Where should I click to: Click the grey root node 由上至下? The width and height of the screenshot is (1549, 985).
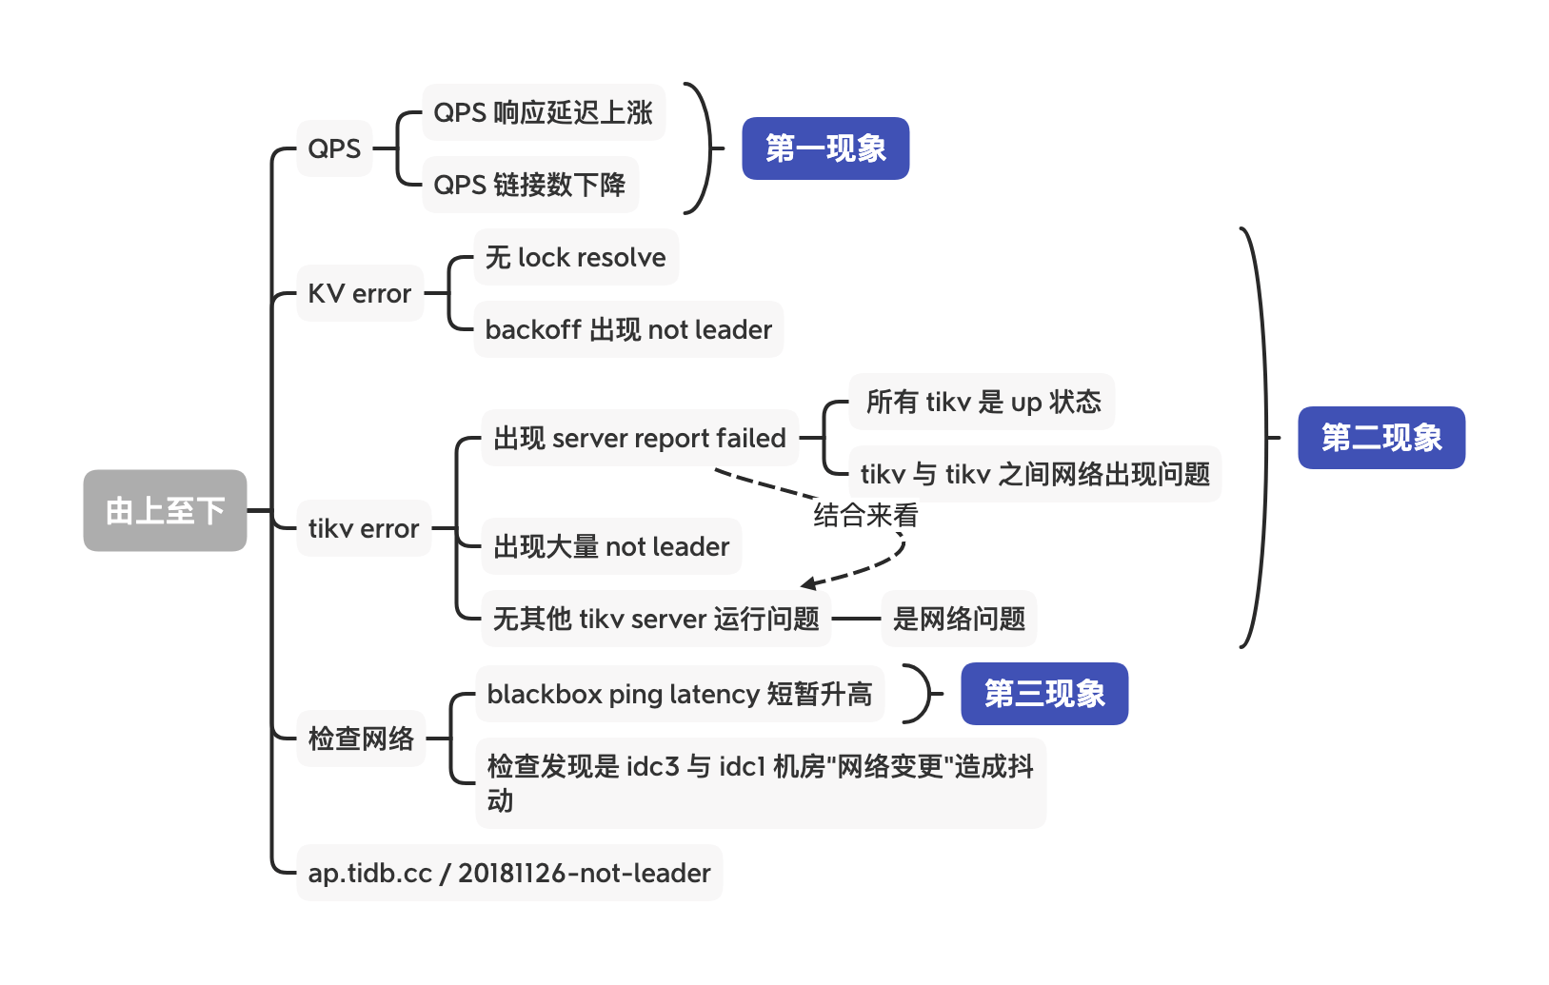[165, 510]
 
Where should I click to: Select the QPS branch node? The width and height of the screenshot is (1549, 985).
[334, 148]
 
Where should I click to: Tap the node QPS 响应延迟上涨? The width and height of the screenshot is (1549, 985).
[543, 112]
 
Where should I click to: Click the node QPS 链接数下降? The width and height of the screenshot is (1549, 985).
[529, 185]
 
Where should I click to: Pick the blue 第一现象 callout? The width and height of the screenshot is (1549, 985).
[825, 148]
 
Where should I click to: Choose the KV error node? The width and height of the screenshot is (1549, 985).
[359, 293]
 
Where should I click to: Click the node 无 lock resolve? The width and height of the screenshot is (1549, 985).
[575, 257]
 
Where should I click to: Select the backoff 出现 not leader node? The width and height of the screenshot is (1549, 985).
[628, 329]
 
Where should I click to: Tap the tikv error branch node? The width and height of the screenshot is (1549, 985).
[363, 528]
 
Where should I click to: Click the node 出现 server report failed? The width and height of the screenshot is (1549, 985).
[639, 438]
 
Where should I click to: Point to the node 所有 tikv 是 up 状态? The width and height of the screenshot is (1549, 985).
[983, 402]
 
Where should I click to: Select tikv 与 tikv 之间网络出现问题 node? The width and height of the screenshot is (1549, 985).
[1035, 474]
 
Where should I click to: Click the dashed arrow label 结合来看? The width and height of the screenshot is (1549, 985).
[865, 516]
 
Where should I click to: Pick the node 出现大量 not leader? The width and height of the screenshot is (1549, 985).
[610, 546]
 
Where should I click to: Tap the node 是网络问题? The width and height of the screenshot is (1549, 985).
[959, 619]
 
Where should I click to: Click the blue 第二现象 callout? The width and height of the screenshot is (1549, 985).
[1381, 438]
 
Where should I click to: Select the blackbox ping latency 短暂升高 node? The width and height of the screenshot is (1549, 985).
[679, 694]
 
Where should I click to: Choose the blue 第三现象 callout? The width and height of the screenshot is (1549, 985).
[1044, 694]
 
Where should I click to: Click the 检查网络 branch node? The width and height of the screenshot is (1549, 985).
[361, 738]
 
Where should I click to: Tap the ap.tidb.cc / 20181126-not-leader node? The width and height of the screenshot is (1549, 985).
[509, 873]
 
